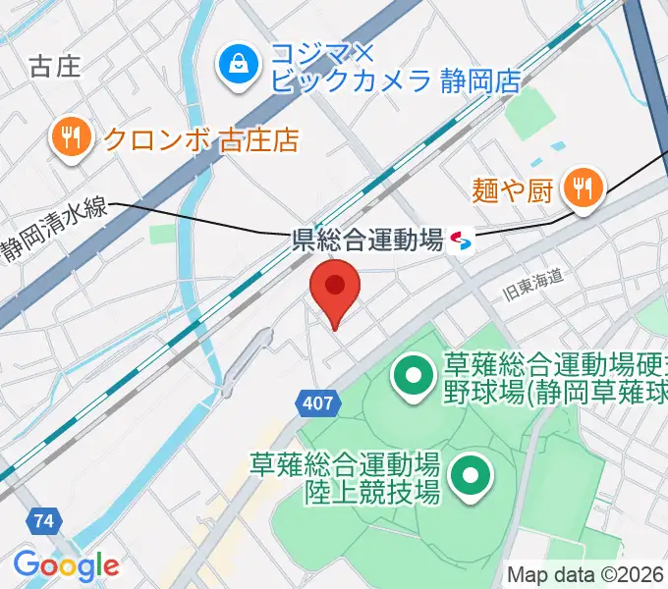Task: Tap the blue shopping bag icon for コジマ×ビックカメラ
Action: coord(237,66)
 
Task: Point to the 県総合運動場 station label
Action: coord(368,241)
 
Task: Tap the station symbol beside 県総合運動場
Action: coord(461,241)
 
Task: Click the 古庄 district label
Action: coord(55,66)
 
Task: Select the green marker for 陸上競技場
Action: coord(470,476)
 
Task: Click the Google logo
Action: coord(65,565)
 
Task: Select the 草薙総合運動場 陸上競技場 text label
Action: coord(344,476)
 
